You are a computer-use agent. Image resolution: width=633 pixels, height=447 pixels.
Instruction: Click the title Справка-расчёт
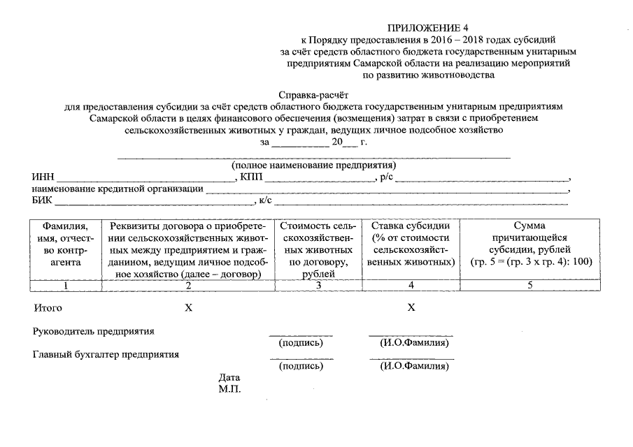[x=313, y=94]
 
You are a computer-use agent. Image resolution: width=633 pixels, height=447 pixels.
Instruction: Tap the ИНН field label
[x=43, y=177]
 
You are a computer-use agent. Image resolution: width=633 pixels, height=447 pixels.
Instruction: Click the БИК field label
[x=43, y=202]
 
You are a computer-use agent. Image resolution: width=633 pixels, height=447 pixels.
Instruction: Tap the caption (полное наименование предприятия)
[x=314, y=166]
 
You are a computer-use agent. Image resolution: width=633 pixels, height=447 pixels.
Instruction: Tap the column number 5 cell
[x=530, y=285]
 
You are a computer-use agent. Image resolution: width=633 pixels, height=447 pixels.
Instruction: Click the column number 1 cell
[x=65, y=285]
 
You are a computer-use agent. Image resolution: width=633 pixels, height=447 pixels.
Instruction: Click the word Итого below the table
[x=48, y=308]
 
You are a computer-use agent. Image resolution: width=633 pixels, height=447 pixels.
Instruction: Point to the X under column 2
[x=188, y=308]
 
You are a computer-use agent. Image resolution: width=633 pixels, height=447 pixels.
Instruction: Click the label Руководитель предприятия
[x=94, y=331]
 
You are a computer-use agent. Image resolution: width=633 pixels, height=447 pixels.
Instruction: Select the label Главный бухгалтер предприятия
[x=106, y=354]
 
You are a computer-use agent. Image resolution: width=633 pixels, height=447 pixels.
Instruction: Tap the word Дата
[x=229, y=377]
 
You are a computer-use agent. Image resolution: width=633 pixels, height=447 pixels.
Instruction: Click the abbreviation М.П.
[x=229, y=389]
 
